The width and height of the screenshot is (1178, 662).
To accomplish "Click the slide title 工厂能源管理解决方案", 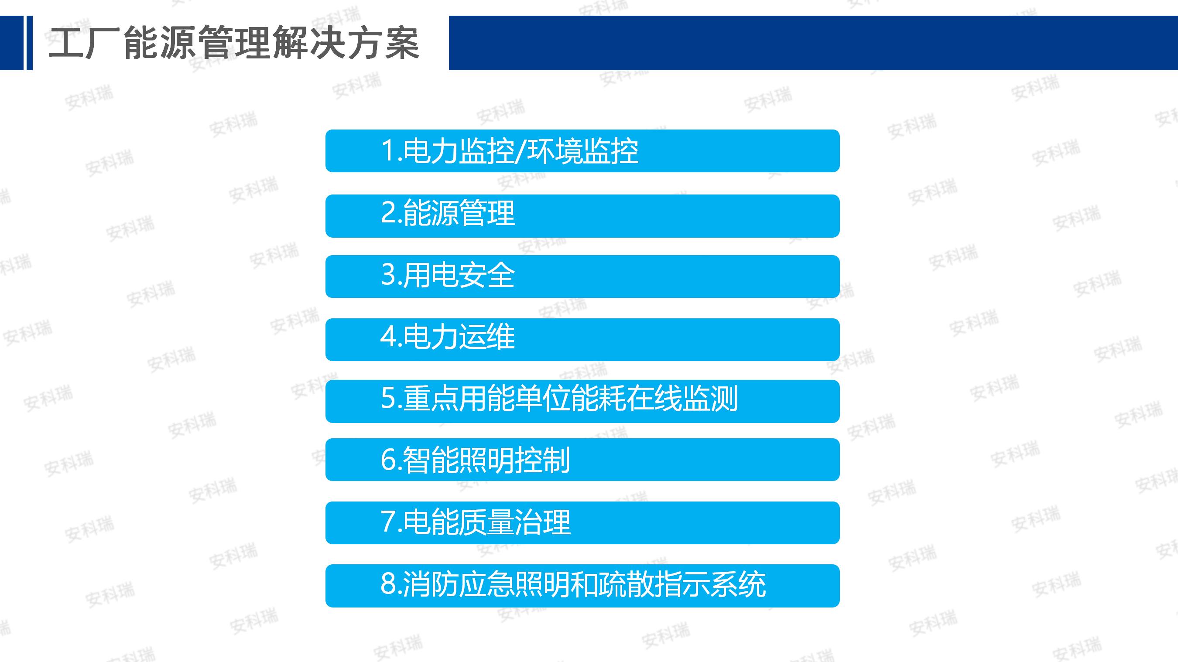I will click(234, 43).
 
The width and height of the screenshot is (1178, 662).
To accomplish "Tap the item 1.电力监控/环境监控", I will click(582, 151).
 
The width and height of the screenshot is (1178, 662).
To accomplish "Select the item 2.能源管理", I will click(582, 216).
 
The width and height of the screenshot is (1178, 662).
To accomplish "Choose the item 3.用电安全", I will click(582, 276).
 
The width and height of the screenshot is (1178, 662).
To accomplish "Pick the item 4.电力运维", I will click(582, 339).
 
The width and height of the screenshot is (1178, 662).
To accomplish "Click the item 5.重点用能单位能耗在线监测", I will click(582, 401).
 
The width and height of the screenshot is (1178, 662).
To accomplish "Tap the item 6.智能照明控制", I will click(582, 460).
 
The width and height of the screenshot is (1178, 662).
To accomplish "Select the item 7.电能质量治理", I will click(582, 522).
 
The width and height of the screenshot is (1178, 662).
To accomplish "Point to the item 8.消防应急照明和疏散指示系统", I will click(582, 586).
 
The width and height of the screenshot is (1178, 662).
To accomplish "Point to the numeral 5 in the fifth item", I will click(388, 398).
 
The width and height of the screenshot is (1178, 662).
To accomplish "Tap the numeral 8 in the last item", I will click(388, 584).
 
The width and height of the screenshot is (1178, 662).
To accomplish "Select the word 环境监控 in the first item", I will click(582, 151).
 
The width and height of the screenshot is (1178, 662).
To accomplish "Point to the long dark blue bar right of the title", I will click(813, 43).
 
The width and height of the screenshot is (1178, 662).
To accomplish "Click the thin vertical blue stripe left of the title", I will click(30, 43).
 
